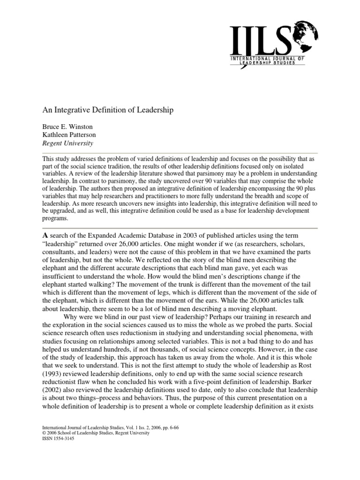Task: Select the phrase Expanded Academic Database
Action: [122, 235]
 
